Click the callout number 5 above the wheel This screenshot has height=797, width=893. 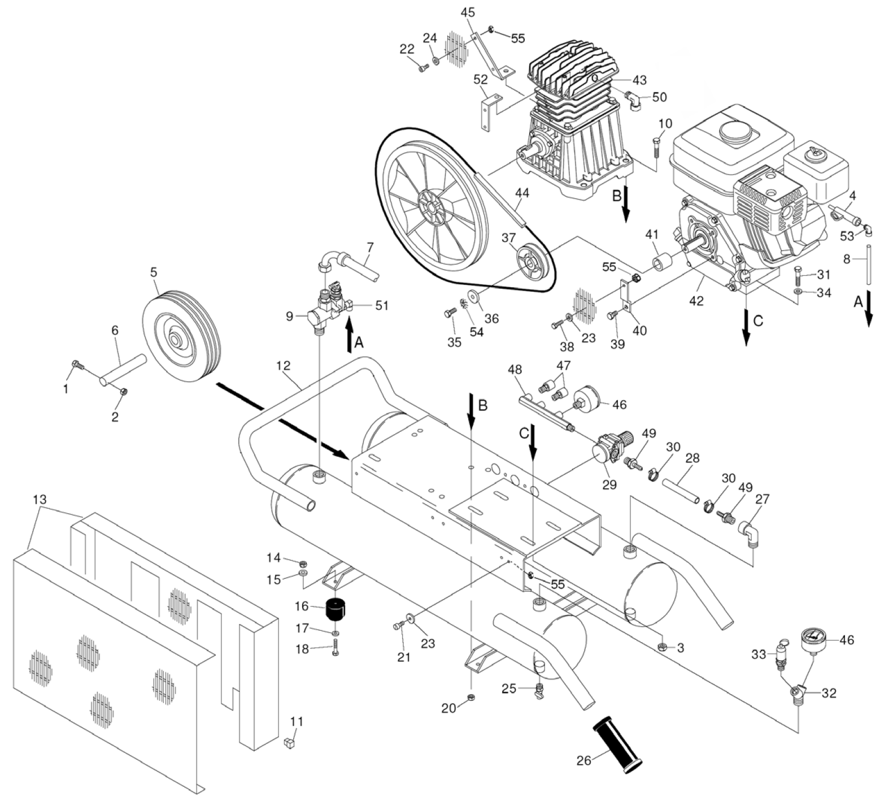coord(154,272)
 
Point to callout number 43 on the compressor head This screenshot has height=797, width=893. coord(639,80)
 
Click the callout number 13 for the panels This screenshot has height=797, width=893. coord(40,500)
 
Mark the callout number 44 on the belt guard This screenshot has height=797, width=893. coord(522,193)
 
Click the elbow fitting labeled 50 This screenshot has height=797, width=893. coord(633,102)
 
